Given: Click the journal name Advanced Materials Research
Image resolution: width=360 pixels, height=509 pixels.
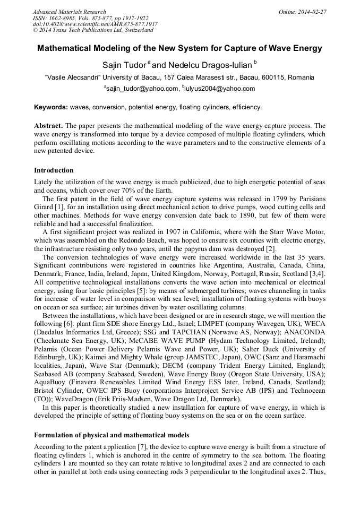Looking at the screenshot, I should pos(69,12).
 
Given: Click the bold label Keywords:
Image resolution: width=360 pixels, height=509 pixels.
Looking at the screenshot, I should pos(51,107).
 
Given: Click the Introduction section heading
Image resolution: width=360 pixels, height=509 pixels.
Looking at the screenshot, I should pos(54,170).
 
